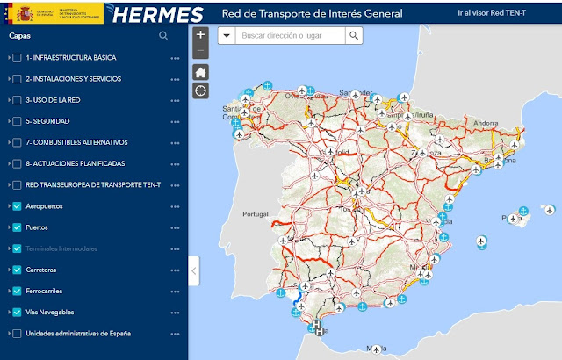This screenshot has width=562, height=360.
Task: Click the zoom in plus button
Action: pos(201,35)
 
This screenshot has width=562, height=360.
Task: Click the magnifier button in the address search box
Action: pos(353,36)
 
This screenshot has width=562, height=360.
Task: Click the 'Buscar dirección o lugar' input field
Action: pos(290,36)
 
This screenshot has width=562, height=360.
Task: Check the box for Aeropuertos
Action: pos(18,206)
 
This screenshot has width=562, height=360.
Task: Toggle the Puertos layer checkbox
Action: pos(18,227)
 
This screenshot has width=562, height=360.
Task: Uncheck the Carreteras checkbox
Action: pos(18,270)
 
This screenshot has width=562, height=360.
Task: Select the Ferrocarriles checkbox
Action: pos(18,291)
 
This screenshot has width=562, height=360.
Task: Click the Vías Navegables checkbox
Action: pos(18,312)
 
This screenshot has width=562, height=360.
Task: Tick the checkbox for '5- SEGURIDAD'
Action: pos(18,121)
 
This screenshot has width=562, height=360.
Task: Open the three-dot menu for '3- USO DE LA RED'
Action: pos(175,100)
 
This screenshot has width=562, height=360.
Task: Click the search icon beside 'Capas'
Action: pos(163,36)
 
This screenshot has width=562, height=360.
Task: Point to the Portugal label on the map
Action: pos(255,214)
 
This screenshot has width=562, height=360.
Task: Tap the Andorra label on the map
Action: pos(486,123)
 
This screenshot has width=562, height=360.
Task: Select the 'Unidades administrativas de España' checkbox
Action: pos(18,334)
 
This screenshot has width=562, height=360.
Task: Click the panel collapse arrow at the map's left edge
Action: pos(194,270)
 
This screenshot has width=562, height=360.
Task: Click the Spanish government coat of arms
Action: pos(17,14)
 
